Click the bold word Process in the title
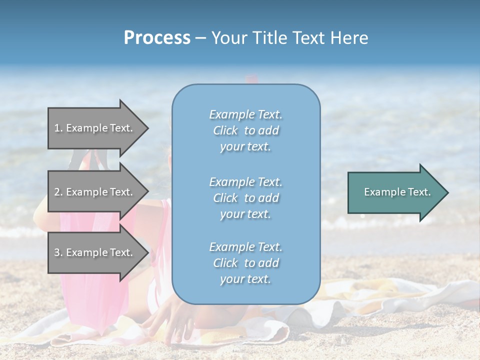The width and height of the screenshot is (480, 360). pyautogui.click(x=157, y=38)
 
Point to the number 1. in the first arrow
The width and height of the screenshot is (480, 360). pyautogui.click(x=58, y=128)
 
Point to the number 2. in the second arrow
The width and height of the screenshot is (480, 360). pyautogui.click(x=58, y=192)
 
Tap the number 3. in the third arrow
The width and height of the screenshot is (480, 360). pyautogui.click(x=58, y=252)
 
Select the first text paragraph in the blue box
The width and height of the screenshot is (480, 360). pyautogui.click(x=245, y=130)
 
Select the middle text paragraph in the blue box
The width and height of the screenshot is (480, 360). pyautogui.click(x=245, y=197)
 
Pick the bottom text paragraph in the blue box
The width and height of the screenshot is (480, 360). pyautogui.click(x=245, y=263)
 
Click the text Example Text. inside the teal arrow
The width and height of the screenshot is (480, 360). pyautogui.click(x=397, y=192)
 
